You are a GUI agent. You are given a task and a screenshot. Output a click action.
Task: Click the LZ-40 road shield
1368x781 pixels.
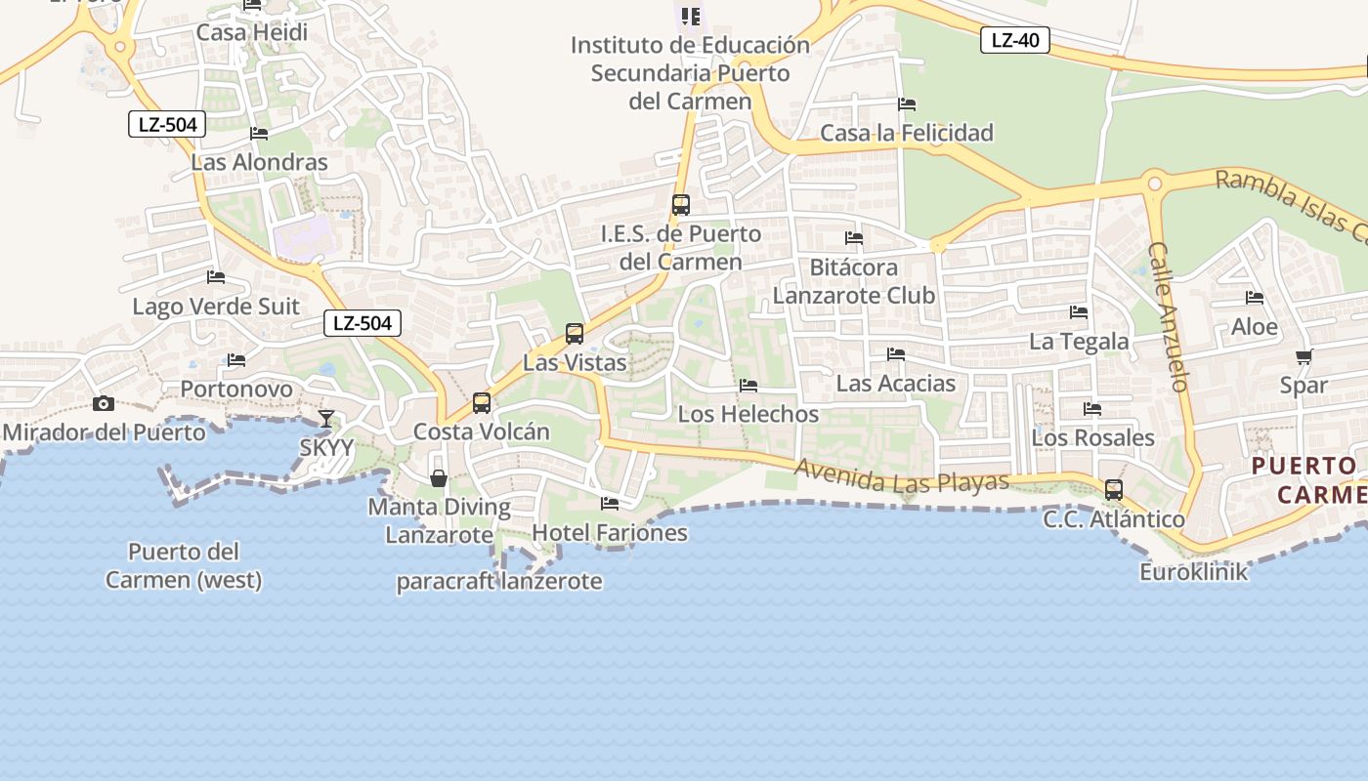click(1015, 40)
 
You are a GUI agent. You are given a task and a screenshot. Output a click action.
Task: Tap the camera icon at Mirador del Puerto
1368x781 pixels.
click(104, 403)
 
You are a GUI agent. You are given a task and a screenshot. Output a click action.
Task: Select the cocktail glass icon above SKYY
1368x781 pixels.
click(326, 419)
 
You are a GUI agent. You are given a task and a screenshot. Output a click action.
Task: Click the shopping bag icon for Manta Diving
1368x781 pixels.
click(439, 478)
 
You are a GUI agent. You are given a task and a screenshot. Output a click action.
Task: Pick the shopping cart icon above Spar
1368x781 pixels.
click(1304, 356)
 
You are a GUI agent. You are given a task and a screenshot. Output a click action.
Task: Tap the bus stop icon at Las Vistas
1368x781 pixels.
click(575, 334)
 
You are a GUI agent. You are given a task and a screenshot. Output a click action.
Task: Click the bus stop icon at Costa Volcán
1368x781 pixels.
click(481, 403)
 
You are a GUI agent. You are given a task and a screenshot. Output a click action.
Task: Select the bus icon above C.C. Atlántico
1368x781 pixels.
click(1113, 490)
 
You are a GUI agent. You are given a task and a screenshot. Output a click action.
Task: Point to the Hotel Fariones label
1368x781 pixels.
click(610, 533)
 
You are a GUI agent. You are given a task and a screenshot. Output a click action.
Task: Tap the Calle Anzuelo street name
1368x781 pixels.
click(1169, 316)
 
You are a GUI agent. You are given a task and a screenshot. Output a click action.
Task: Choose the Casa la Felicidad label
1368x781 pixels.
click(907, 133)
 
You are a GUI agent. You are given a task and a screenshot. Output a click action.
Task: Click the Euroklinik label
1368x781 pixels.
click(1194, 571)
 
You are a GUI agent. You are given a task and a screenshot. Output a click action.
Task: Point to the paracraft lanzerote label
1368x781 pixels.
click(498, 582)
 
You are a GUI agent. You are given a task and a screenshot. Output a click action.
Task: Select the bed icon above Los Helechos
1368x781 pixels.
click(748, 386)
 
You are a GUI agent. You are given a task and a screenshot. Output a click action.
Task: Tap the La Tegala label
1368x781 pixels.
click(1079, 342)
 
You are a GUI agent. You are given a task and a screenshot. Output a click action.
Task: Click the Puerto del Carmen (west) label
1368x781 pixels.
click(184, 566)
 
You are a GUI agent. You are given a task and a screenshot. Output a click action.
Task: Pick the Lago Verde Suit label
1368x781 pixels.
click(216, 307)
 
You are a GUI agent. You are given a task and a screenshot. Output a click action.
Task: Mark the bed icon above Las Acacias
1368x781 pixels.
click(896, 354)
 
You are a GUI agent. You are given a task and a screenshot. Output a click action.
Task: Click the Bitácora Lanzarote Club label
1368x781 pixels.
click(854, 281)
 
